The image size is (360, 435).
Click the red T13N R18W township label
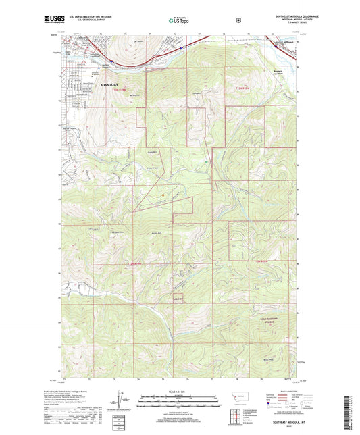tap(266, 260)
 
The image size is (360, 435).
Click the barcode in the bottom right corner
tap(349, 412)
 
